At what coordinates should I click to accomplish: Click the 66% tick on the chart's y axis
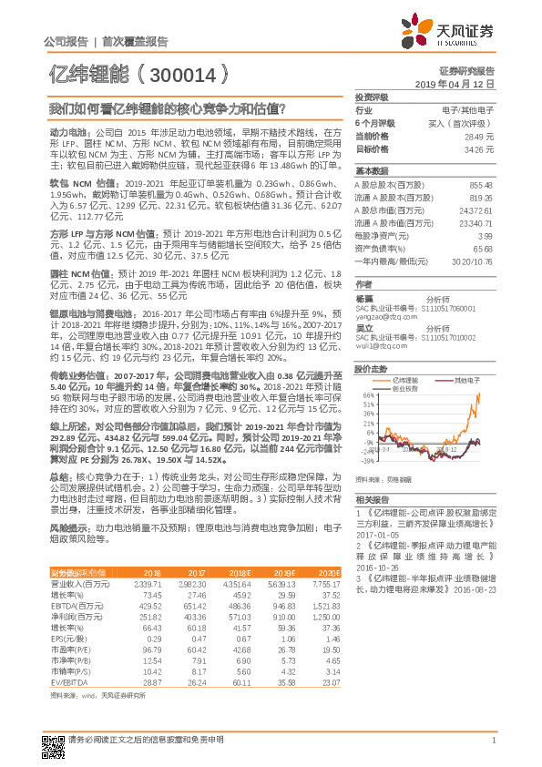pos(367,395)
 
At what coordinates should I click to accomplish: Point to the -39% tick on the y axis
pos(366,460)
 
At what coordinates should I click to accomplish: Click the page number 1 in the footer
pos(492,741)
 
